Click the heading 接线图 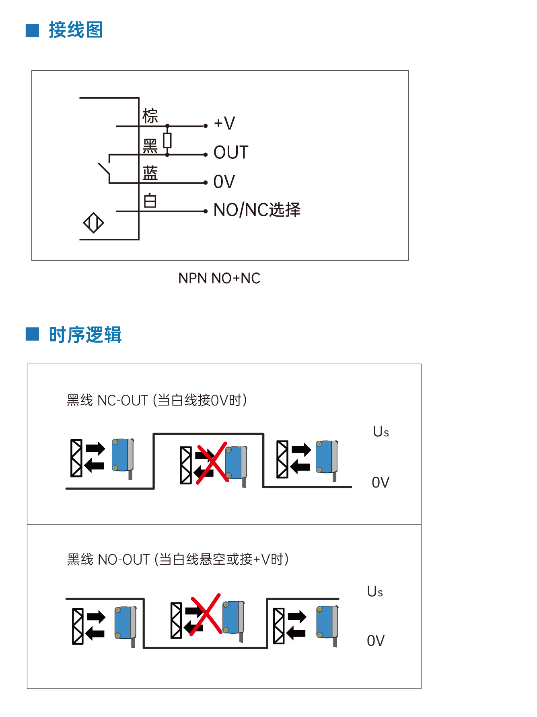[x=76, y=30]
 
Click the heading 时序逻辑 [x=85, y=335]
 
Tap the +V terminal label [x=224, y=123]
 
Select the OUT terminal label [x=231, y=153]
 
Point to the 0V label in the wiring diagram [x=224, y=182]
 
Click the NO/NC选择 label [x=257, y=210]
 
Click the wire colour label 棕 [x=150, y=116]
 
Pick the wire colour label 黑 [x=150, y=146]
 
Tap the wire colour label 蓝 [x=150, y=173]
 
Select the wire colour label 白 [x=150, y=201]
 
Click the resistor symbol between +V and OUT [x=167, y=140]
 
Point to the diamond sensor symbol [x=93, y=223]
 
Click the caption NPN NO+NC [x=219, y=278]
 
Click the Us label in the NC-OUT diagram [x=381, y=432]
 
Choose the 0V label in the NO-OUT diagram [x=376, y=641]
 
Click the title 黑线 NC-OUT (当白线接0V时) [x=157, y=400]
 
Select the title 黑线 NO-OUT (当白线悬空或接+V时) [x=178, y=559]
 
